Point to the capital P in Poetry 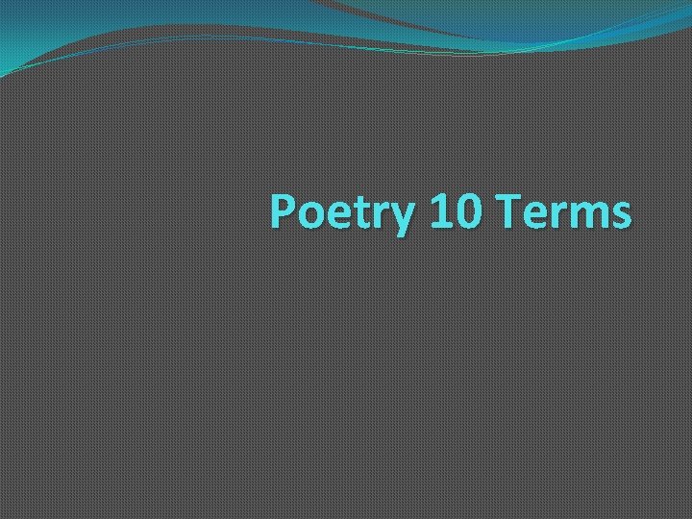284,210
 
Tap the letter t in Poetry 364,212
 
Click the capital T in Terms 511,210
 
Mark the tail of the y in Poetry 402,230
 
